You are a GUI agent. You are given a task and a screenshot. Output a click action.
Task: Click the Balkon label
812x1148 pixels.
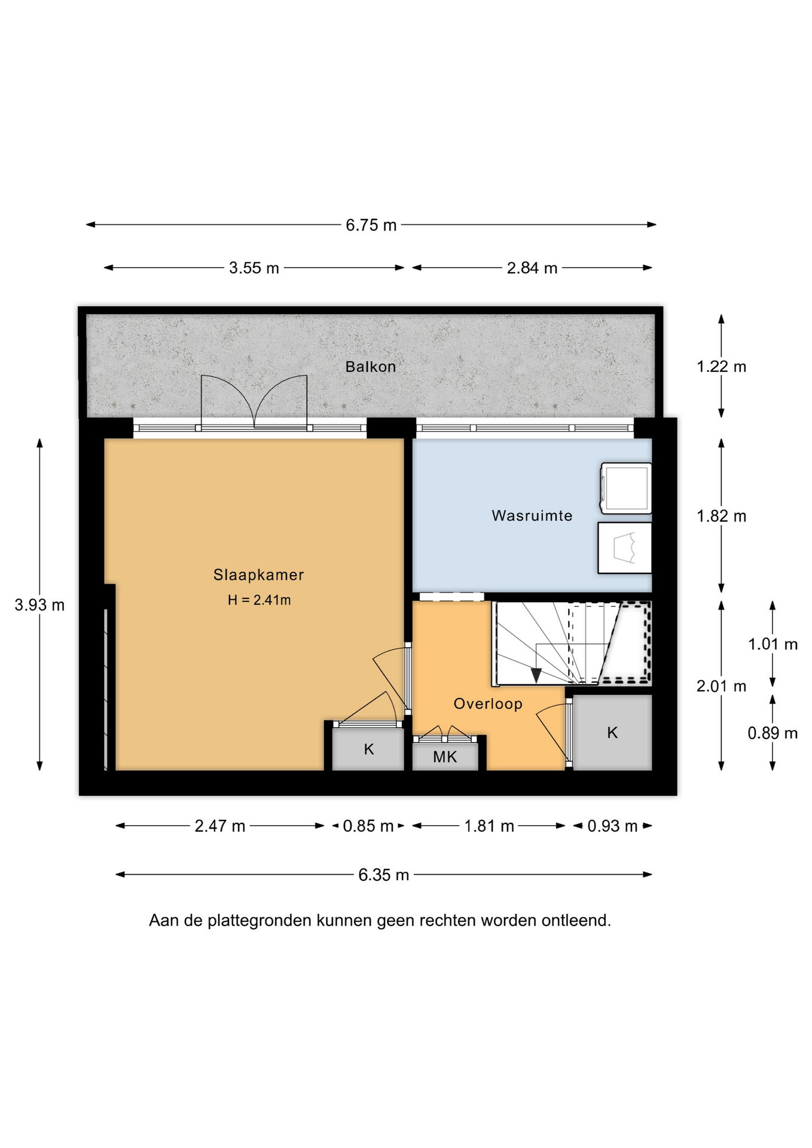click(x=371, y=367)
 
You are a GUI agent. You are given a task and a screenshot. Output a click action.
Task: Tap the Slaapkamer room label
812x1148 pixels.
click(x=259, y=575)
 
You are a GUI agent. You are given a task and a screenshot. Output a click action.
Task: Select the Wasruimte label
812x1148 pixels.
click(x=532, y=515)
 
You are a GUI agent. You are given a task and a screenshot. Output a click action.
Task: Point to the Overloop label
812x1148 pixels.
click(x=488, y=704)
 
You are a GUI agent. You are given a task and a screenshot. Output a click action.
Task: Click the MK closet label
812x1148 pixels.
click(x=445, y=757)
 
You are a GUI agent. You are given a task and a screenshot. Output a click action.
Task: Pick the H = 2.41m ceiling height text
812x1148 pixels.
click(x=260, y=600)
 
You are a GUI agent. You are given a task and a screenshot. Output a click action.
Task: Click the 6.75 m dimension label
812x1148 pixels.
click(x=371, y=225)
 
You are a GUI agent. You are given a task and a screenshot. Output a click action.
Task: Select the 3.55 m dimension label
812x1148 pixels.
click(x=254, y=268)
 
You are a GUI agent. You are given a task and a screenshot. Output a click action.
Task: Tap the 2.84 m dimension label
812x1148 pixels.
click(x=532, y=268)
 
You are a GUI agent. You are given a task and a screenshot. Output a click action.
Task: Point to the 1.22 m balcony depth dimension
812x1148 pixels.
click(x=722, y=367)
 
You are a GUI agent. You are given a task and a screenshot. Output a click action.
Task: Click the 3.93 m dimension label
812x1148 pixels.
click(x=39, y=604)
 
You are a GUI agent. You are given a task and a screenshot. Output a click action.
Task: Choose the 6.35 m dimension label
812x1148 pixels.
click(x=384, y=875)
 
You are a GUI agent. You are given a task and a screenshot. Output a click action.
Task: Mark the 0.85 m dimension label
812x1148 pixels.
click(x=368, y=826)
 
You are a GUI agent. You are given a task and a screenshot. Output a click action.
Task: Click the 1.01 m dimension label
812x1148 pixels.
click(x=773, y=644)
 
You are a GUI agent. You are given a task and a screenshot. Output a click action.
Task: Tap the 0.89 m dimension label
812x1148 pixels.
click(x=773, y=732)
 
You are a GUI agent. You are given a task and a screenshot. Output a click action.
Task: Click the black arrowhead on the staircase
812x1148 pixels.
click(x=536, y=676)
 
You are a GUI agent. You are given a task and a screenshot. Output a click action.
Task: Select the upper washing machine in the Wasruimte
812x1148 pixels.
click(x=626, y=488)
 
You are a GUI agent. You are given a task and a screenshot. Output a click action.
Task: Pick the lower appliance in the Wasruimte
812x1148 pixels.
click(x=625, y=548)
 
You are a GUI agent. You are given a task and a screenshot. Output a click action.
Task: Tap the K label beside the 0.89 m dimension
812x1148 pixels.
click(x=612, y=732)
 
